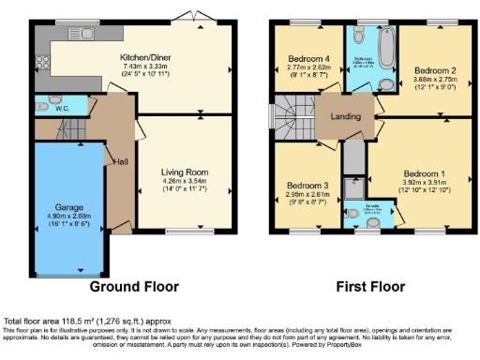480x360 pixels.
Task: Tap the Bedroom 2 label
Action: coord(434,70)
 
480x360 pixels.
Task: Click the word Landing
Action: coord(342,117)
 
